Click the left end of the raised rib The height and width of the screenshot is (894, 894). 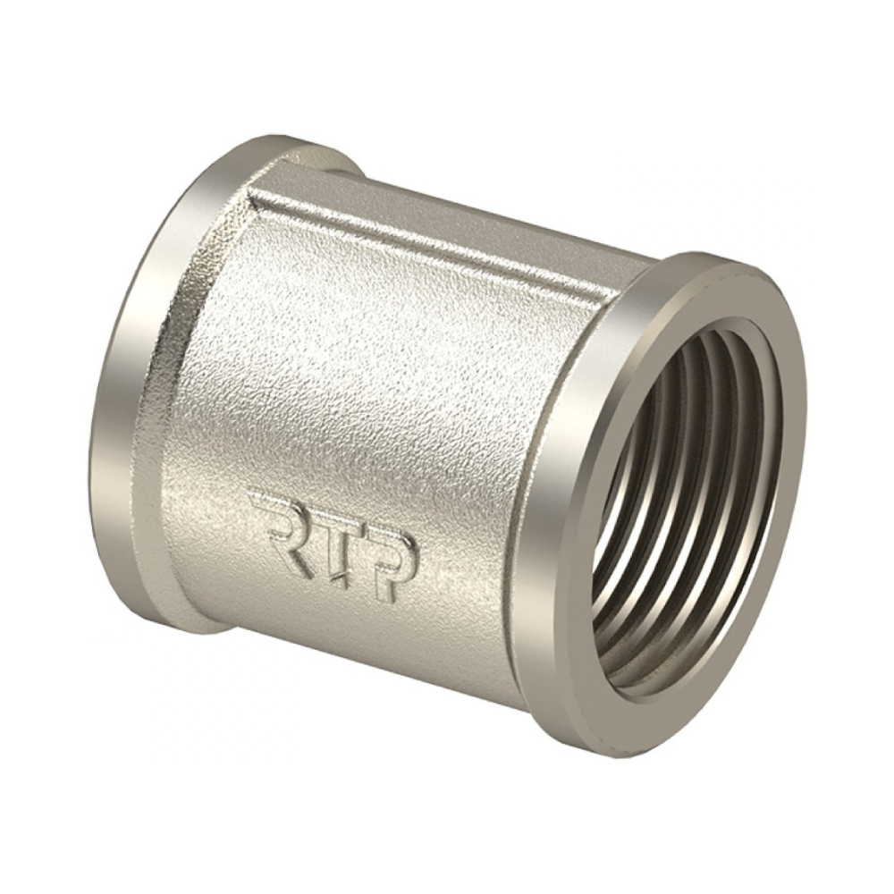[251, 197]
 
